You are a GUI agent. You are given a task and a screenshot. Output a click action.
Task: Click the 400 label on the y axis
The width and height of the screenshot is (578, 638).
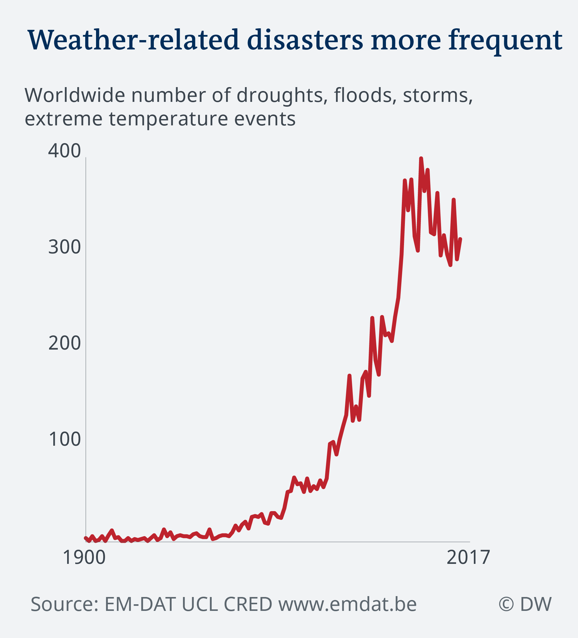64,151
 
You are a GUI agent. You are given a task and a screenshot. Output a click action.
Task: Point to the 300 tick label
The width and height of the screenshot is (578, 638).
64,247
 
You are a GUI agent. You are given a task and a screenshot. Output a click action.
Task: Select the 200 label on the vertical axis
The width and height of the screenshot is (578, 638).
64,343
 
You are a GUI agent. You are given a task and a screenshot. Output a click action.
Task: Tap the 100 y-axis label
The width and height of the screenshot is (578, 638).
64,440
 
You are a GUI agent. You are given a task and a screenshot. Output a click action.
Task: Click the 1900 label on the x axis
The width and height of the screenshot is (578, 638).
84,557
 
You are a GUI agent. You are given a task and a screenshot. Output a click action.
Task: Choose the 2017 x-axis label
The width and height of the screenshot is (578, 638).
468,557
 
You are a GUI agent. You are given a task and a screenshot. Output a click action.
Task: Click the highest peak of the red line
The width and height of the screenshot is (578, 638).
421,158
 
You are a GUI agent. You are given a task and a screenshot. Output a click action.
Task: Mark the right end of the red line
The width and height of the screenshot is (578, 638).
460,239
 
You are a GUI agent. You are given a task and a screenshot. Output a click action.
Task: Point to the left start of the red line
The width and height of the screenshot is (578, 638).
86,538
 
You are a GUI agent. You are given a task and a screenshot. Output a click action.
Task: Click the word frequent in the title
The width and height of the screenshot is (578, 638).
505,40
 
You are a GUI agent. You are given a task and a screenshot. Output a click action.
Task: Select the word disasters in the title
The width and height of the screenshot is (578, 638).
305,40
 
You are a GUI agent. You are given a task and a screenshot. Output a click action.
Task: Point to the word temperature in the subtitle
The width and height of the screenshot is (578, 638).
169,119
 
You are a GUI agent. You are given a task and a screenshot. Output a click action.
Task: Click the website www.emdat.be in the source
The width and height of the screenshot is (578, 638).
347,604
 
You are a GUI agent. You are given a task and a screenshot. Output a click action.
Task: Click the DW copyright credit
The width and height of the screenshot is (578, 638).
525,604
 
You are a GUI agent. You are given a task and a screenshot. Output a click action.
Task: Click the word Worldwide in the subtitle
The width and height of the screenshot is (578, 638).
75,95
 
